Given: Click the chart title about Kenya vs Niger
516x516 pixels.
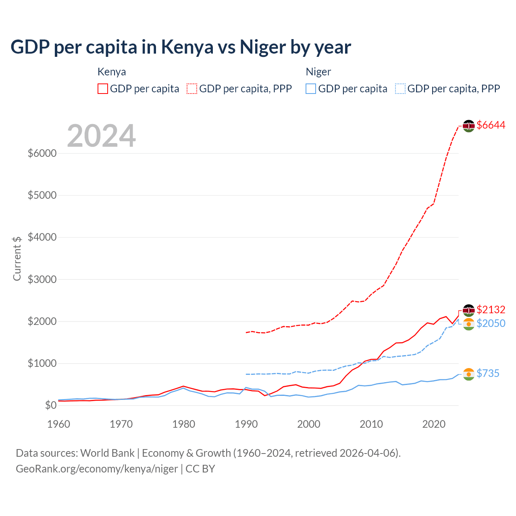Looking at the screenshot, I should point(181,47).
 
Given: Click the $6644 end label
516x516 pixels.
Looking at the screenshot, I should point(491,125).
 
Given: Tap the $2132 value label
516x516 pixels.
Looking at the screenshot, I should point(491,310).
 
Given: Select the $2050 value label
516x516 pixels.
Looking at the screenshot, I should point(491,323).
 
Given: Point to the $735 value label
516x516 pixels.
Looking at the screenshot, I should point(488,374).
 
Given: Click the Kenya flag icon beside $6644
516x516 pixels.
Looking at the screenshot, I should point(468,126).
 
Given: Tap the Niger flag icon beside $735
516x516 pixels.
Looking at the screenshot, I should point(468,374).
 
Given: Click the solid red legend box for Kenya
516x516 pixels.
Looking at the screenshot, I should point(103,89).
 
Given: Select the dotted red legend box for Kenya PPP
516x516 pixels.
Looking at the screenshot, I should point(192,89).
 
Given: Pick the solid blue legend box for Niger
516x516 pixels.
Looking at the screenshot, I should point(311,89).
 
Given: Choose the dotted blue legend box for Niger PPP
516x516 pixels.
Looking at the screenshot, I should point(400,89).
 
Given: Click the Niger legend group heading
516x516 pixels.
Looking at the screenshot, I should point(318,72).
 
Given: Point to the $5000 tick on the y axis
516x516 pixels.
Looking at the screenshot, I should point(42,196).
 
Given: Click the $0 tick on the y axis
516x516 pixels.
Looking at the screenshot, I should point(50,405).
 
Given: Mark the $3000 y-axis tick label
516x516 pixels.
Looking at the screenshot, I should point(42,279).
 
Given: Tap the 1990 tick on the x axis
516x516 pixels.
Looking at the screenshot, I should point(246,424).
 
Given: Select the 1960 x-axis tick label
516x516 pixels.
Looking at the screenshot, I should point(59,424).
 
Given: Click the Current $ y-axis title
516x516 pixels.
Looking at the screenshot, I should point(17,258).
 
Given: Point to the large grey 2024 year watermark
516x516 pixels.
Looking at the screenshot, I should point(101,136).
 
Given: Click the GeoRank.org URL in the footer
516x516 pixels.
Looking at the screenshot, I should point(97,469).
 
